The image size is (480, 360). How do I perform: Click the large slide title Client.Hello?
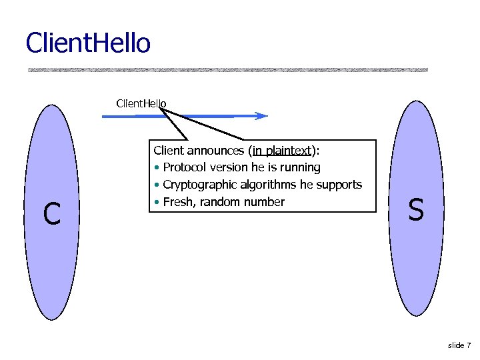point(88,43)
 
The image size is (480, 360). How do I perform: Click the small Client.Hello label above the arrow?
point(141,103)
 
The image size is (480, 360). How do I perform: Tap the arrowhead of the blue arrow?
point(263,116)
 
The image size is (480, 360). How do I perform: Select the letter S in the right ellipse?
point(415,211)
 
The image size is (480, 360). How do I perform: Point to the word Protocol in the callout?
point(183,167)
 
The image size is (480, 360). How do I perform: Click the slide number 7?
point(469,345)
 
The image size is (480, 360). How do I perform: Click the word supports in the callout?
point(340,185)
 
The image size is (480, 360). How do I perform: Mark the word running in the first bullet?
point(299,168)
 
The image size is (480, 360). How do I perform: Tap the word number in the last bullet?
point(265,202)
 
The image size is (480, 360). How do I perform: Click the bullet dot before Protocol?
point(156,168)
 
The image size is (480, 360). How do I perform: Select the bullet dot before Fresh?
point(156,203)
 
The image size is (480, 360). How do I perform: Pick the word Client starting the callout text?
point(169,151)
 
